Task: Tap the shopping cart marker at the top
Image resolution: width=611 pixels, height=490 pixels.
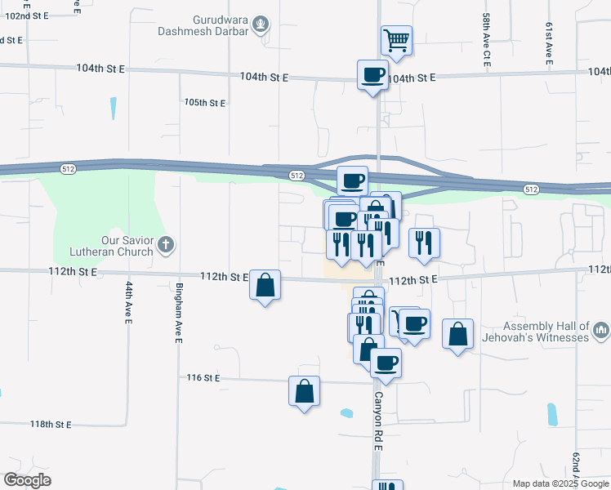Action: click(396, 40)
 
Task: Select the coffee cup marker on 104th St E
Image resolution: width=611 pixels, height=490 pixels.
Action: click(373, 75)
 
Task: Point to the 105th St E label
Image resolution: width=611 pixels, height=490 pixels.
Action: click(204, 103)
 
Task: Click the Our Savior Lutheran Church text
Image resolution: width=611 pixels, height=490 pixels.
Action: click(105, 246)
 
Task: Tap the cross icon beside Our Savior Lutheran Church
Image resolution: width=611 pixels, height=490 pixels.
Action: click(166, 243)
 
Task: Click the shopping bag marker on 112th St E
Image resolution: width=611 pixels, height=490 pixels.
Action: click(265, 286)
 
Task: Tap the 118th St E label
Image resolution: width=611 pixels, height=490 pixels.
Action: click(51, 425)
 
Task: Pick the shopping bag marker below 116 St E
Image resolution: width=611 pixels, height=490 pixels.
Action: click(304, 391)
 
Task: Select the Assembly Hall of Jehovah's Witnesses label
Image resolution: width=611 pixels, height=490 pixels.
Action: click(545, 332)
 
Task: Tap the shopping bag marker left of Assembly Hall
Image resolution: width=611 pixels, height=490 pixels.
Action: click(458, 334)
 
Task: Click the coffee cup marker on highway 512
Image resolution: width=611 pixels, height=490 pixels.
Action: click(353, 180)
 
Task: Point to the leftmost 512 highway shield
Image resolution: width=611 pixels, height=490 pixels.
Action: click(68, 168)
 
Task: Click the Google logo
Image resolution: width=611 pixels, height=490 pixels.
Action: click(28, 480)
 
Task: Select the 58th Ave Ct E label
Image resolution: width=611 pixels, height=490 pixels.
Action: click(486, 51)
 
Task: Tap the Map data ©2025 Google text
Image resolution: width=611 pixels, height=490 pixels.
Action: click(560, 483)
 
